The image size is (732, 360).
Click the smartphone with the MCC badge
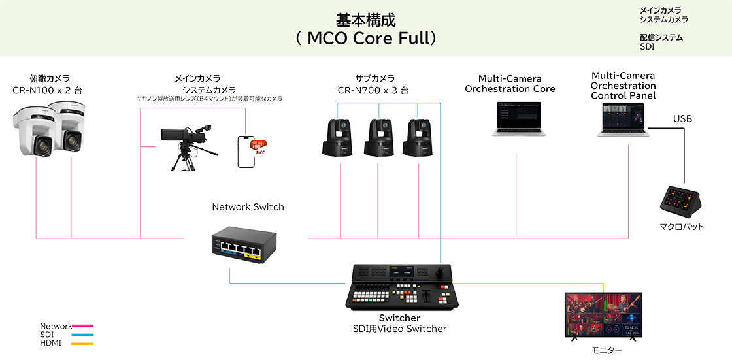click(x=248, y=152)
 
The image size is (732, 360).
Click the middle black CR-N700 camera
click(x=379, y=137)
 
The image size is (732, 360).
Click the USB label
click(x=682, y=119)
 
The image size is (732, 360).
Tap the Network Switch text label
click(x=248, y=207)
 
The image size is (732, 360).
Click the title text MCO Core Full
click(x=365, y=38)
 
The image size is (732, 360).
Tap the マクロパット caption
click(x=682, y=227)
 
